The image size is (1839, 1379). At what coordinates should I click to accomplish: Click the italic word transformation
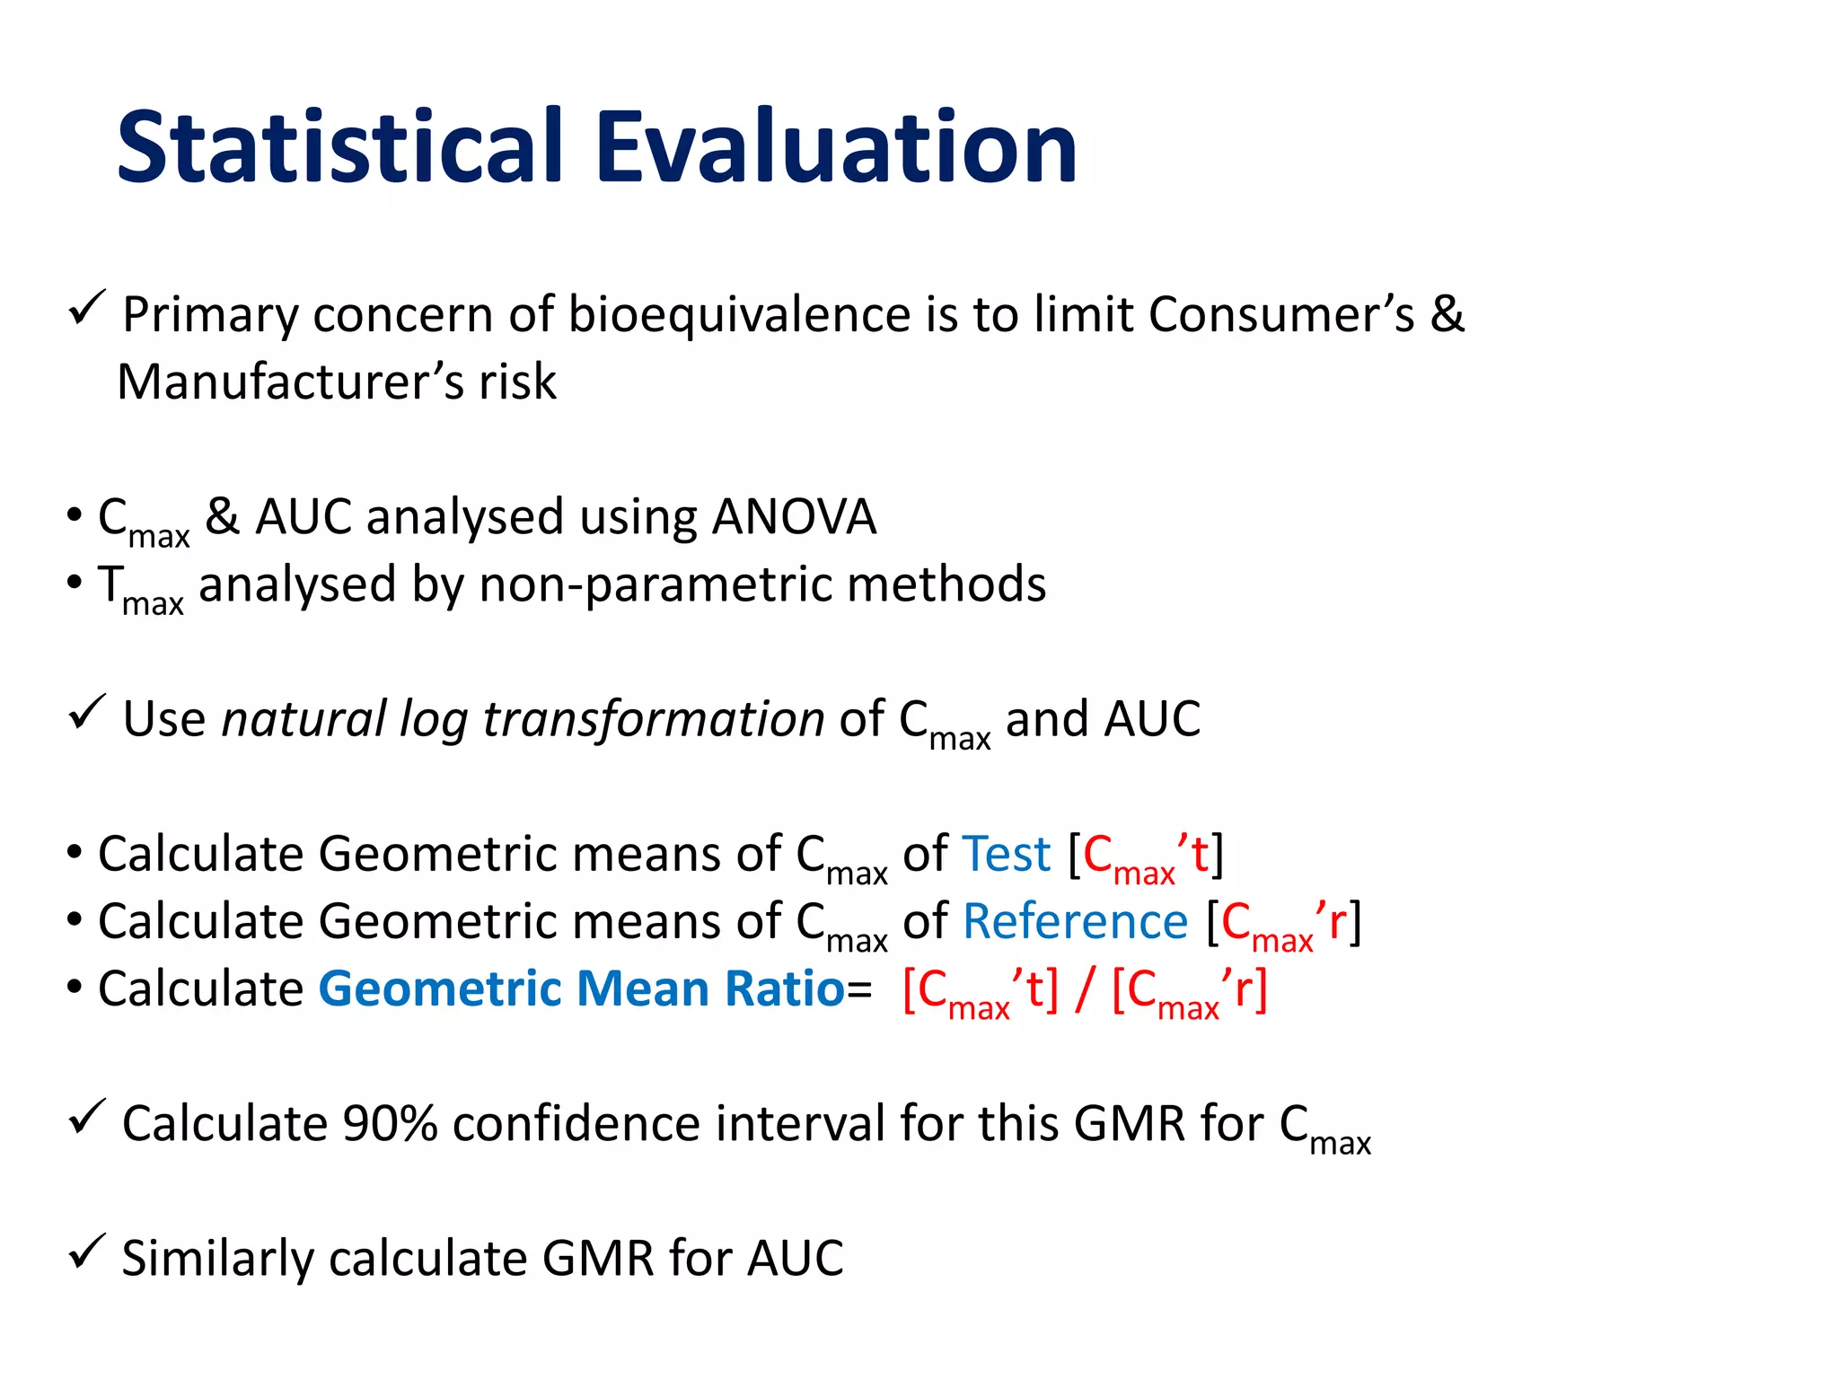(x=653, y=719)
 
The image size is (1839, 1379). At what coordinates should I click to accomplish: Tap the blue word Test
(x=1007, y=854)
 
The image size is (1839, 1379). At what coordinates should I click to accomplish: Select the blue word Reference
(x=1075, y=922)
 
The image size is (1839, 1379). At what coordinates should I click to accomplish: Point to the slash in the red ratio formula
(x=1085, y=989)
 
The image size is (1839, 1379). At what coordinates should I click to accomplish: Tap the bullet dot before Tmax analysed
(x=75, y=583)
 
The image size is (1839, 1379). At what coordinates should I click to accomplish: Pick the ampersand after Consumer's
(x=1447, y=314)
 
